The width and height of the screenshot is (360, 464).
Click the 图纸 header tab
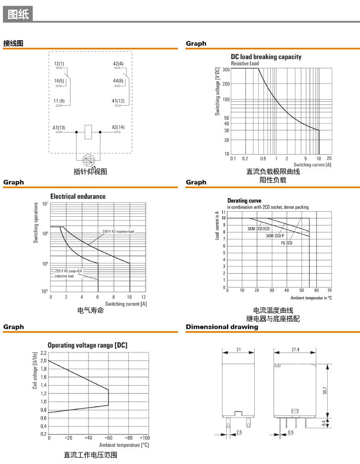point(18,14)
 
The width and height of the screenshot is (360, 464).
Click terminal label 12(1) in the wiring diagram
point(59,64)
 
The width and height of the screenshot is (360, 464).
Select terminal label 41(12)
point(118,101)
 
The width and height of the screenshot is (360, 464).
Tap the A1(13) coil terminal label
point(59,127)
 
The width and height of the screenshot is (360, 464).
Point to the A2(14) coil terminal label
point(118,127)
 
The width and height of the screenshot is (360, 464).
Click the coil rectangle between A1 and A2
point(89,132)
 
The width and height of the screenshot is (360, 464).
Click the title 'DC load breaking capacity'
point(266,57)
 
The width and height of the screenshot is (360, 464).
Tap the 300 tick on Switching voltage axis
point(226,69)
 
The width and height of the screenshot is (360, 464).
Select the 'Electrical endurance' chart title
point(78,196)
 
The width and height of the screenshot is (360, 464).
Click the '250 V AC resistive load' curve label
point(118,232)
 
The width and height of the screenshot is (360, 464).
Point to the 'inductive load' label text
point(64,276)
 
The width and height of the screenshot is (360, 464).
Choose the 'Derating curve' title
point(244,201)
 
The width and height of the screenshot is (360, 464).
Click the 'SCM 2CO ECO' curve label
point(258,228)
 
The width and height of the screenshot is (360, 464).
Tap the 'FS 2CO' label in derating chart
point(287,243)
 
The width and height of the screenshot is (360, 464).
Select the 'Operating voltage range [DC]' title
point(87,345)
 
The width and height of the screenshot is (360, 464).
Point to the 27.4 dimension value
point(295,350)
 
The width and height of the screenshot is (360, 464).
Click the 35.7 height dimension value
point(325,391)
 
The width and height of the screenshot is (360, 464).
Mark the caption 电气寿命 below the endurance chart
point(90,311)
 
